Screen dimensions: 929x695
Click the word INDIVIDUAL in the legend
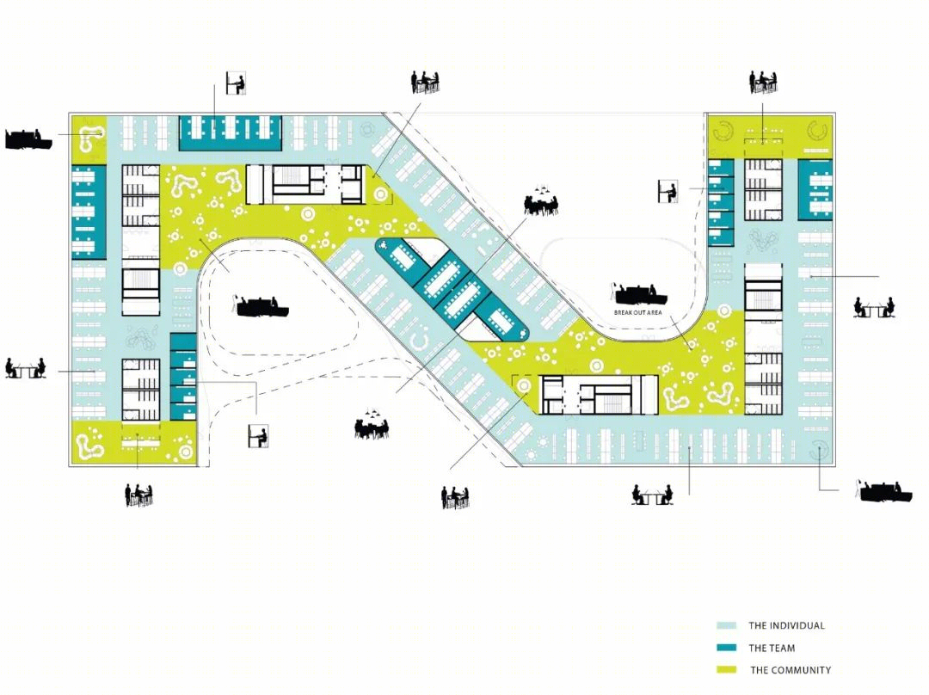(796, 625)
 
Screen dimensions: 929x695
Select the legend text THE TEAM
(772, 648)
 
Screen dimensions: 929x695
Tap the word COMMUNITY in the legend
(800, 670)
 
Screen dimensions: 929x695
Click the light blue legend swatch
(726, 625)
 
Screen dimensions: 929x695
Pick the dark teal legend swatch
(726, 648)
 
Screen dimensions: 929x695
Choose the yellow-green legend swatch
(726, 669)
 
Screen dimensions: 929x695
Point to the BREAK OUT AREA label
(637, 312)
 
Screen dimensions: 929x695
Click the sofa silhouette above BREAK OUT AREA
(639, 294)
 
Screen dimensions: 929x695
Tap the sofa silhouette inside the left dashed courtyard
(261, 305)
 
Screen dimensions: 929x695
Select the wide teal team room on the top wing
(231, 132)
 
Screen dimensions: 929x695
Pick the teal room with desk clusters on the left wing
(89, 212)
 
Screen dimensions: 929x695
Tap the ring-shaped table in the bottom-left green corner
(186, 452)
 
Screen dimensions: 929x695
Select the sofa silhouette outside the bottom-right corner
(886, 491)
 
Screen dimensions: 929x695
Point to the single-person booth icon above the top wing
(236, 83)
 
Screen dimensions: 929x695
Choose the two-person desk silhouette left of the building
(26, 368)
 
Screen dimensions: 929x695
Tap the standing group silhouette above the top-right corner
(763, 83)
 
